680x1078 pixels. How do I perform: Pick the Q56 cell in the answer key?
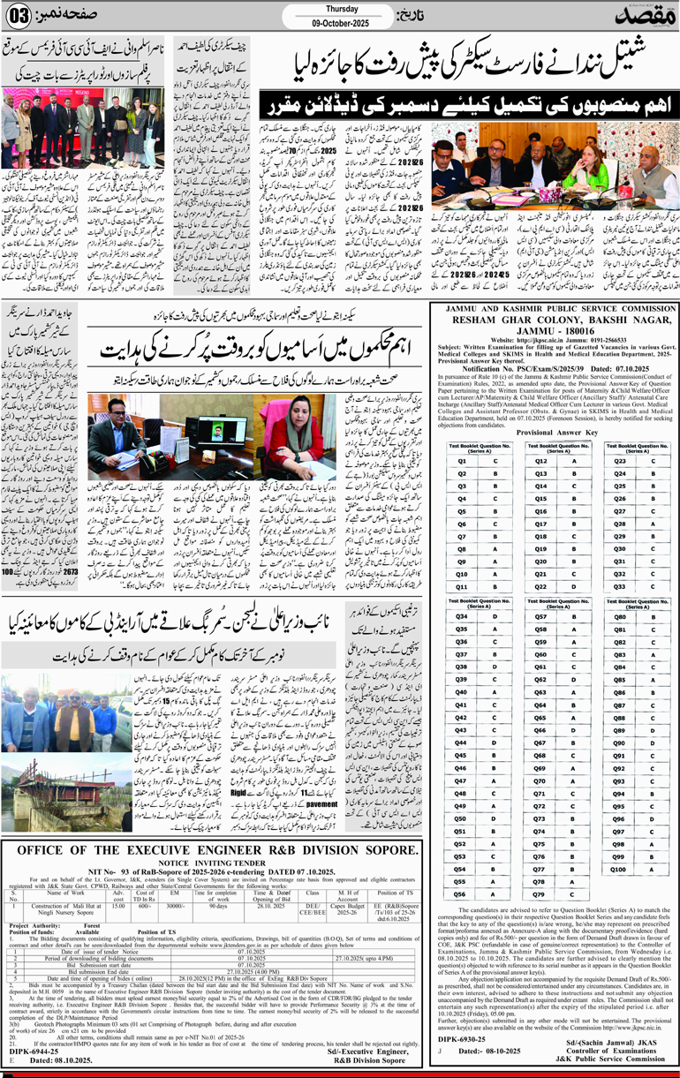click(461, 893)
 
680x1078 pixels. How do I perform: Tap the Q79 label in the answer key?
click(541, 893)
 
